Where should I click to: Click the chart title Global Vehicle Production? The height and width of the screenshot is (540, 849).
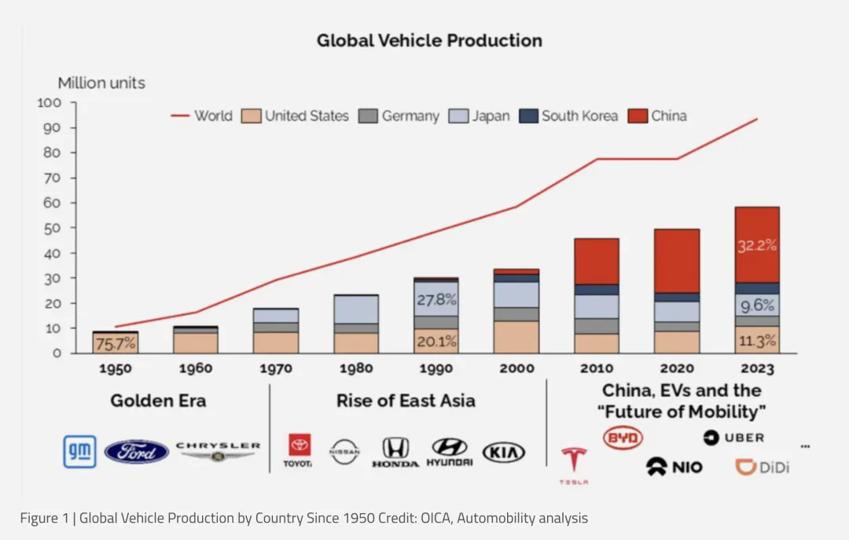click(x=429, y=40)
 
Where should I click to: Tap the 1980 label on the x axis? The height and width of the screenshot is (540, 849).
click(x=357, y=368)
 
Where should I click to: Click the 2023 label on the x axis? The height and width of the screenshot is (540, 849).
click(x=757, y=368)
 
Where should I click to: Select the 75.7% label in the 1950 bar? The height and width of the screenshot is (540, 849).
click(x=116, y=343)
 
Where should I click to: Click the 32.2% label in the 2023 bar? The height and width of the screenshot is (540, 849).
click(x=757, y=246)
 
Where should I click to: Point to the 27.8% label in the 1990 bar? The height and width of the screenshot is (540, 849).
click(x=437, y=300)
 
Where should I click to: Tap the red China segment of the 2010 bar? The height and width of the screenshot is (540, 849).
click(x=596, y=261)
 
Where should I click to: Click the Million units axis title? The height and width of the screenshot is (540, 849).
click(x=101, y=83)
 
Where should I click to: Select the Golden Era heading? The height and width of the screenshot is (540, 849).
click(x=158, y=401)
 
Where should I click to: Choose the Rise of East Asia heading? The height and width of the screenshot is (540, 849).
click(x=406, y=401)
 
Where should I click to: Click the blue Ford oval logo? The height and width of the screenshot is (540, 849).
click(x=137, y=452)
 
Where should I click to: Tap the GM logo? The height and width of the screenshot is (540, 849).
click(x=80, y=451)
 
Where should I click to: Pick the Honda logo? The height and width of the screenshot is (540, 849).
click(x=395, y=453)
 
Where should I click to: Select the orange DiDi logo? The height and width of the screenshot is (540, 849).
click(x=762, y=467)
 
